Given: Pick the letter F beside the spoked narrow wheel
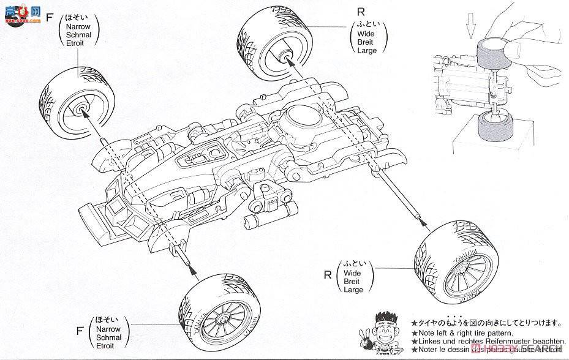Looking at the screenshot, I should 79,331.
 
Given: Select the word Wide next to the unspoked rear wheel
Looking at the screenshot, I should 367,34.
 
